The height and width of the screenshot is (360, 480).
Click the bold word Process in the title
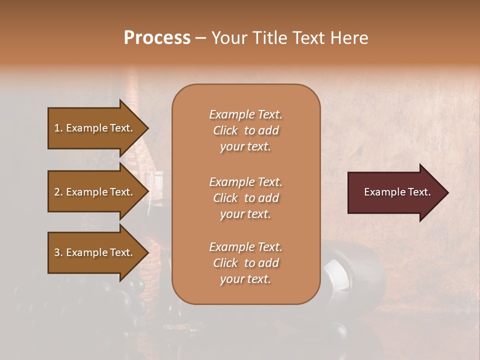(157, 38)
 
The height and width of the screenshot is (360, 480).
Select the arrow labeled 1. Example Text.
(95, 128)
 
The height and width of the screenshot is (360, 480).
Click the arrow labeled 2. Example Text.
(95, 192)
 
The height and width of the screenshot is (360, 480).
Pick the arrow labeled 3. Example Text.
(95, 252)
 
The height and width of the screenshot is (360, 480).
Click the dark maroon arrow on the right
(395, 192)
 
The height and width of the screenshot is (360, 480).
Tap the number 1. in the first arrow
(58, 128)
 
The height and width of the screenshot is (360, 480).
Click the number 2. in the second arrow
(58, 192)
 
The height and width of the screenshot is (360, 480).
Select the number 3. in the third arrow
(58, 252)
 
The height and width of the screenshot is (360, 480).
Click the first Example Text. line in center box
(245, 114)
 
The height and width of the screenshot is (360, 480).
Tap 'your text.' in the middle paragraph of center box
(245, 214)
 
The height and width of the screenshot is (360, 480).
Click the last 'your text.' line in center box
(245, 279)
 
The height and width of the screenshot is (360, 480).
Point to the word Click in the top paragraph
(225, 130)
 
